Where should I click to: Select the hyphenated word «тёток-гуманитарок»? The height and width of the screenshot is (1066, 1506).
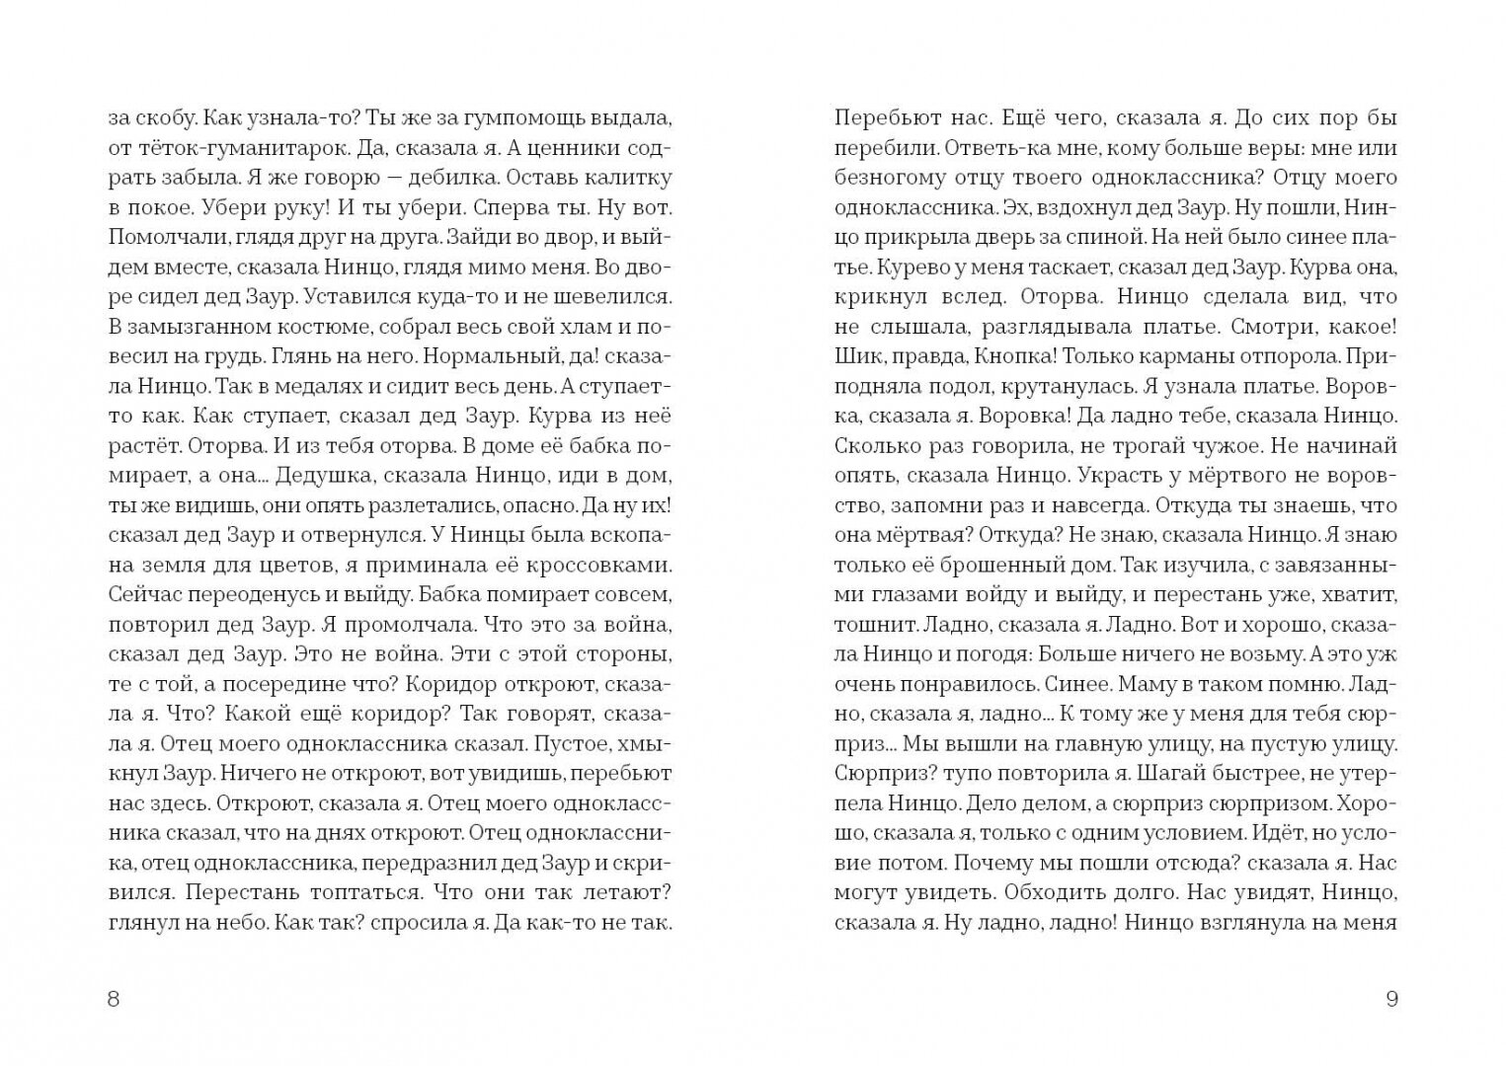[223, 149]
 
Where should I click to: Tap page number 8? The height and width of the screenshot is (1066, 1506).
[112, 999]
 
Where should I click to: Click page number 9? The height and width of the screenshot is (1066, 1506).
[1392, 999]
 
